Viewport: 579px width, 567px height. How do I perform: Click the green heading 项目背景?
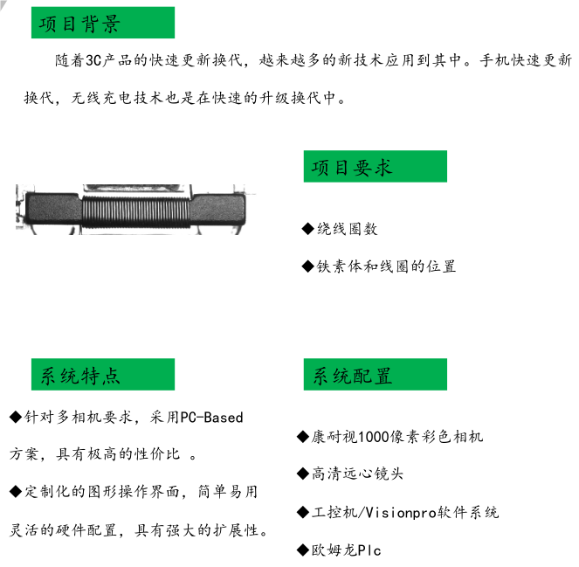(x=102, y=23)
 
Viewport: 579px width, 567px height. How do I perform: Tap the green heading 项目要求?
(x=375, y=167)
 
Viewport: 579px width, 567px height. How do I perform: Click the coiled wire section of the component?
(x=135, y=210)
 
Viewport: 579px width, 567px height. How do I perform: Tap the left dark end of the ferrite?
(x=52, y=211)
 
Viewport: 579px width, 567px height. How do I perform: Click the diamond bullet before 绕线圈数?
(x=307, y=229)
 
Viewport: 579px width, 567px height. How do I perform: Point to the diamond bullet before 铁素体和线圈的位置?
(x=307, y=266)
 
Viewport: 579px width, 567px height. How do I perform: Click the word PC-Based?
(x=211, y=418)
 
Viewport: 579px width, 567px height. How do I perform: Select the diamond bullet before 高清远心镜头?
(x=304, y=474)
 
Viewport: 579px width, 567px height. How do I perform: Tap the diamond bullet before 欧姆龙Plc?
(x=304, y=550)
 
